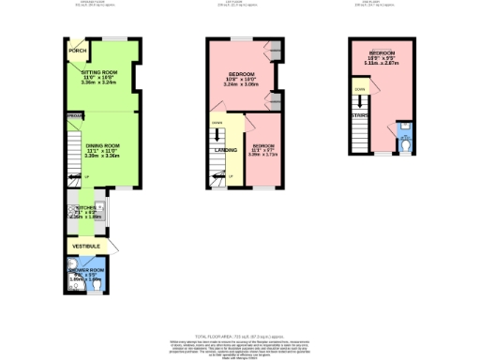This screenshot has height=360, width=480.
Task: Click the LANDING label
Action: click(226, 150)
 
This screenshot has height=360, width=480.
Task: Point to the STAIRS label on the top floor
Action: click(360, 117)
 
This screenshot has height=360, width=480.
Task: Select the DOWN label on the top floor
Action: click(360, 90)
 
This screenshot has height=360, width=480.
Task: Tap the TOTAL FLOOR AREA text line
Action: click(239, 335)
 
